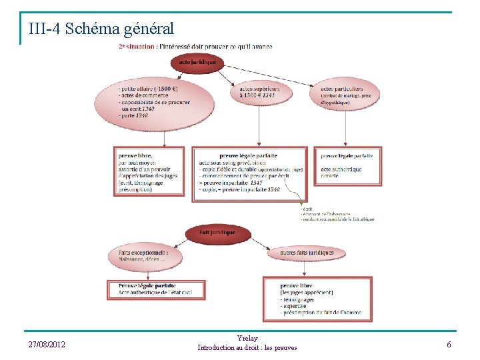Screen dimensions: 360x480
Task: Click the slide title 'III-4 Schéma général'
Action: point(101,29)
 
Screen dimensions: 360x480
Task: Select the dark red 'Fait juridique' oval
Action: point(217,233)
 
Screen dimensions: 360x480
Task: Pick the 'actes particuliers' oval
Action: point(344,95)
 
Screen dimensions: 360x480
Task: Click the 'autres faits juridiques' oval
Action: point(307,253)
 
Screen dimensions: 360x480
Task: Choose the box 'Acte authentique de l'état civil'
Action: point(157,289)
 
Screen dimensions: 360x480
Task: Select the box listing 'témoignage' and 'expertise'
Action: point(321,297)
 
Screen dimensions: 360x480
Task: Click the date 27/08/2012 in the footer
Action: point(47,344)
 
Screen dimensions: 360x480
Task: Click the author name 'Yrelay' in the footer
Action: point(247,338)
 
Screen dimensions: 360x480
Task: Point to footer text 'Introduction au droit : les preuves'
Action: point(247,348)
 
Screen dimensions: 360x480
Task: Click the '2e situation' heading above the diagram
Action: point(195,47)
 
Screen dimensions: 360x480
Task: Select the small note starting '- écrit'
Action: point(337,214)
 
